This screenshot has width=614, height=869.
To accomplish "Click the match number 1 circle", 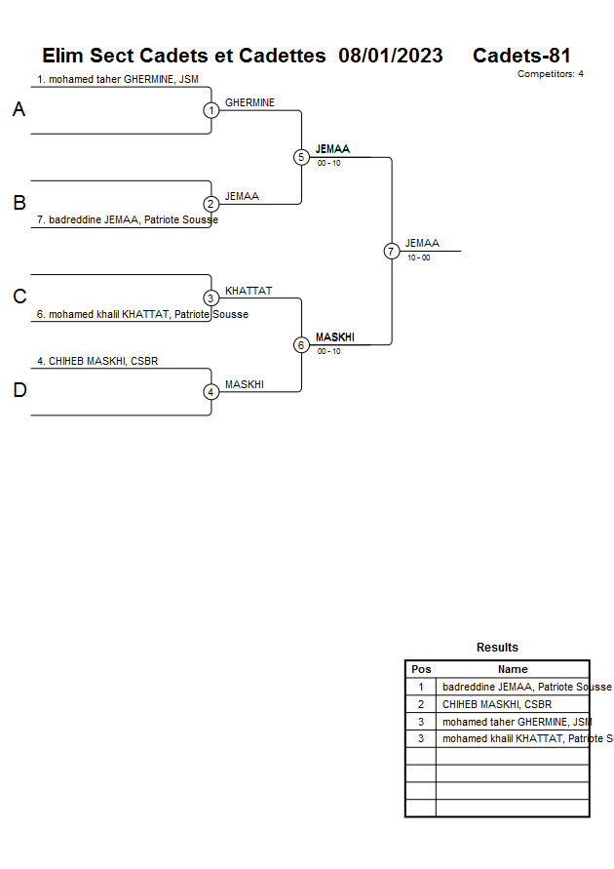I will click(x=211, y=110).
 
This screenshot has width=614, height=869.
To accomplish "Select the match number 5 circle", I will click(x=301, y=157).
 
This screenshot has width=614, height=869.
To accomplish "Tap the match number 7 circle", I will click(x=392, y=252).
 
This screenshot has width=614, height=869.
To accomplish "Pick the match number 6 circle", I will click(x=301, y=345).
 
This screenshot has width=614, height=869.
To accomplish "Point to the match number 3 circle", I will click(x=211, y=298).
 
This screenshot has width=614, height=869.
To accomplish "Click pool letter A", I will click(x=19, y=110).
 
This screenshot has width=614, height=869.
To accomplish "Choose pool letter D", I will click(x=19, y=391).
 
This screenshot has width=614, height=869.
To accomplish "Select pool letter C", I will click(x=19, y=297).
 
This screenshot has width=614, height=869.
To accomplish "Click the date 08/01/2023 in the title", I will click(x=391, y=56).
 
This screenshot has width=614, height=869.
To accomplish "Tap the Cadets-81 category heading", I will click(x=521, y=56).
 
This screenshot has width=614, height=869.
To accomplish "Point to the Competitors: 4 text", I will click(x=550, y=74).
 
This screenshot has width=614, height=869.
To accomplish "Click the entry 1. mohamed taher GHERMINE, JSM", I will click(x=118, y=80).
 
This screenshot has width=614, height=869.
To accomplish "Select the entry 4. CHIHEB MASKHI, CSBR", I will click(x=97, y=361).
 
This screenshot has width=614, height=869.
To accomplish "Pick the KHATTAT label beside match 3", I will click(x=249, y=291).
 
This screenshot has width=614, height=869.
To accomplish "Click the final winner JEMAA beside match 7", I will click(x=422, y=243).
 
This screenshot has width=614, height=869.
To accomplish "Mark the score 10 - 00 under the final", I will click(x=419, y=257).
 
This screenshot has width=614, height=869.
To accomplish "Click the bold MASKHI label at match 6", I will click(x=334, y=337).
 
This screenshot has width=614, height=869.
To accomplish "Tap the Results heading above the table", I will click(x=497, y=648).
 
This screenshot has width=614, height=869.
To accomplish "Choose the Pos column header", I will click(x=421, y=669).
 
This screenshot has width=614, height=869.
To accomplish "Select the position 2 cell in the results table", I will click(x=421, y=704).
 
